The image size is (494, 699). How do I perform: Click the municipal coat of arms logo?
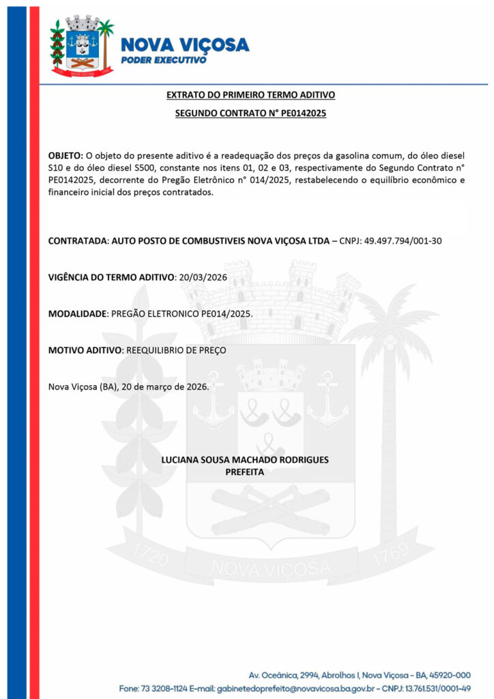pyautogui.click(x=81, y=47)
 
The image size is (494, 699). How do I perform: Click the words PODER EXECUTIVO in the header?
pyautogui.click(x=163, y=60)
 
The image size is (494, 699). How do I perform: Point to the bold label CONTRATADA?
pyautogui.click(x=78, y=241)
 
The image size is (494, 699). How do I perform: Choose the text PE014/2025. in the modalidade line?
pyautogui.click(x=229, y=313)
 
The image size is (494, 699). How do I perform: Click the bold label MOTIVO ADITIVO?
pyautogui.click(x=85, y=350)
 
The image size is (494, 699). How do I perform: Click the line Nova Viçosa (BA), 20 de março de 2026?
pyautogui.click(x=128, y=386)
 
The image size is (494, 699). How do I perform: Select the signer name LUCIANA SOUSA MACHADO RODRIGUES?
pyautogui.click(x=244, y=459)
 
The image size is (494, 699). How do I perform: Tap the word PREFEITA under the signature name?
pyautogui.click(x=244, y=471)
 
